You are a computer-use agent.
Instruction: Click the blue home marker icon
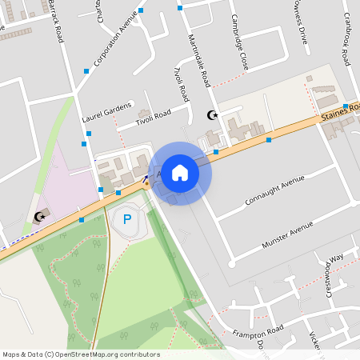(180, 173)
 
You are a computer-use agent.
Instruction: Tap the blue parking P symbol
(126, 218)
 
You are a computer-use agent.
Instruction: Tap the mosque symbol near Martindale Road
(212, 116)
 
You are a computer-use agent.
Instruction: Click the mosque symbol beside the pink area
(39, 216)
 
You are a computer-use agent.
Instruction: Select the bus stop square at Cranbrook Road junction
(346, 106)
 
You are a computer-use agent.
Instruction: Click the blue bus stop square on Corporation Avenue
(141, 10)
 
